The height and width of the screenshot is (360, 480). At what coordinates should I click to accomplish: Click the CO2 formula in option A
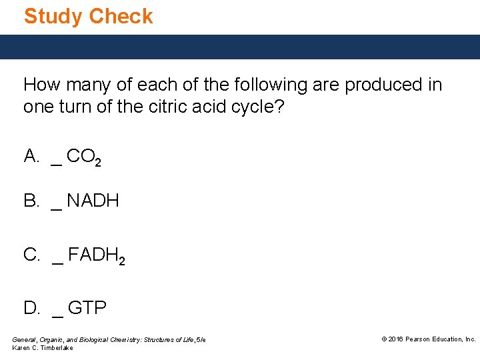(x=84, y=158)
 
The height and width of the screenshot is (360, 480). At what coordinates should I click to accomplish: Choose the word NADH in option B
(x=93, y=201)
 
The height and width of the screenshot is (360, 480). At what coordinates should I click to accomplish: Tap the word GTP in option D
(x=87, y=308)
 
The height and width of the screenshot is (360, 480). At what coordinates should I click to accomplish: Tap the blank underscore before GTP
(x=57, y=315)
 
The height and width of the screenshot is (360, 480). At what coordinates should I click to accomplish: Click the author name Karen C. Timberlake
(x=43, y=348)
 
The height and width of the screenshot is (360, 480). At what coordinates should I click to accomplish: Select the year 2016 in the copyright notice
(x=397, y=339)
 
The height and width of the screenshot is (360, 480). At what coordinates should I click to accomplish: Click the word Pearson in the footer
(x=421, y=339)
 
